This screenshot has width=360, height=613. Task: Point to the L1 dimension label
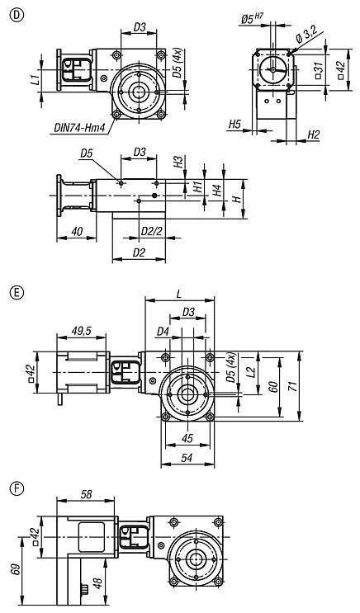[34, 81]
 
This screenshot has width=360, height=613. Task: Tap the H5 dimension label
[234, 125]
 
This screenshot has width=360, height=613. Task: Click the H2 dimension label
[313, 134]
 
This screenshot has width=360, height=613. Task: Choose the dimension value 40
[75, 232]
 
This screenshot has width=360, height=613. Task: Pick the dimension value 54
[186, 455]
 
